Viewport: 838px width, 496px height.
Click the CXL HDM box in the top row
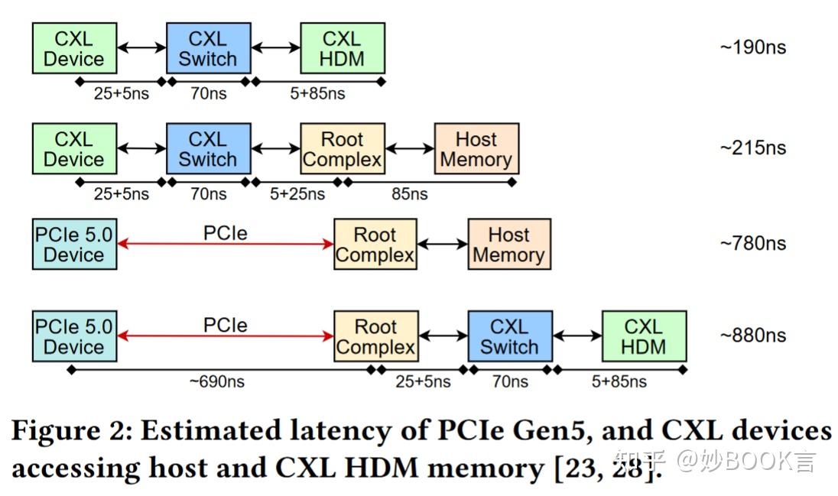(343, 48)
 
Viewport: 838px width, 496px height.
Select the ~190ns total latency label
(753, 47)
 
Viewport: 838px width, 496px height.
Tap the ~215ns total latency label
(753, 148)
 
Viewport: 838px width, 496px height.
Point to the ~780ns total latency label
(753, 243)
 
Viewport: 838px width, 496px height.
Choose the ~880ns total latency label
(753, 335)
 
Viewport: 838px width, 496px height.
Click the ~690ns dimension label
(217, 381)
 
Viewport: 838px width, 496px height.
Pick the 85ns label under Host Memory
(409, 193)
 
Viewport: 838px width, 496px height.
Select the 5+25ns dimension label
(297, 193)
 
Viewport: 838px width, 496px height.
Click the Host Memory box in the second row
(476, 148)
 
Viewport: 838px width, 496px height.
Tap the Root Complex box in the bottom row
(376, 336)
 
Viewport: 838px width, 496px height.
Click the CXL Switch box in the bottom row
(511, 336)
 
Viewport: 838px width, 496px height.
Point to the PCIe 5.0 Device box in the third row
(74, 244)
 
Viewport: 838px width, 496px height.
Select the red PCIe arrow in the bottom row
(226, 336)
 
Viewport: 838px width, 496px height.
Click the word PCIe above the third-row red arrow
(226, 233)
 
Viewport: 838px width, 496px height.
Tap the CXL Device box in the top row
(74, 48)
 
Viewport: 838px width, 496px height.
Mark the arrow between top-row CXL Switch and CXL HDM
(276, 47)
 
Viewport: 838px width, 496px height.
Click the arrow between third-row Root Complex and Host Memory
(443, 245)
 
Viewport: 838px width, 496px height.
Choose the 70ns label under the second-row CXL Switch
(209, 193)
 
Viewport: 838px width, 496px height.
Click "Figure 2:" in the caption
(72, 431)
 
